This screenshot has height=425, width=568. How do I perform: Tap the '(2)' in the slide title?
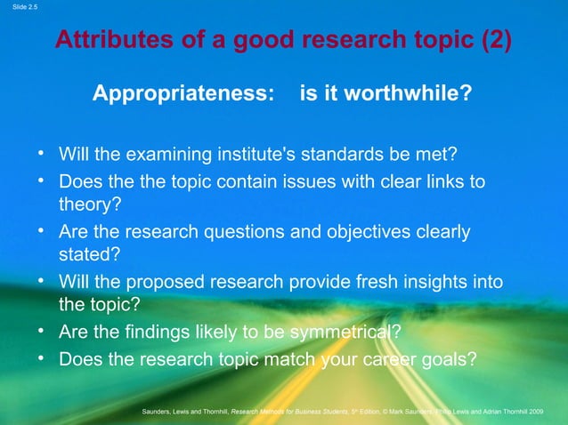495,41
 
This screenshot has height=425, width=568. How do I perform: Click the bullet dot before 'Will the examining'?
41,156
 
